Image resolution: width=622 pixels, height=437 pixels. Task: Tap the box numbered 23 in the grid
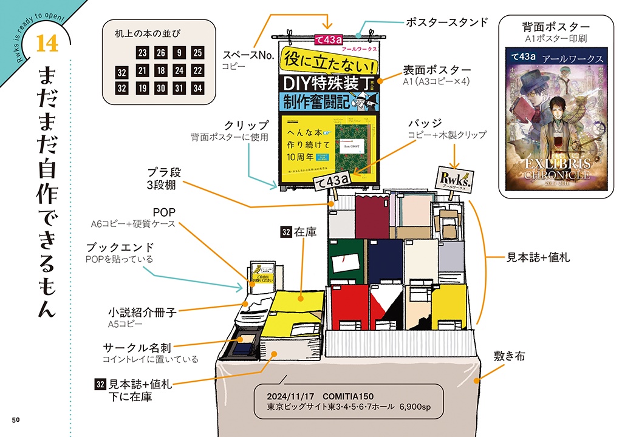pos(143,53)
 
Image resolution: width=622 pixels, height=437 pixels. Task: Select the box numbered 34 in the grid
pos(197,88)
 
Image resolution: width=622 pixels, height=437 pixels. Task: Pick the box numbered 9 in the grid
pos(179,53)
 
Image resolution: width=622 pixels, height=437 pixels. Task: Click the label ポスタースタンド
pos(446,22)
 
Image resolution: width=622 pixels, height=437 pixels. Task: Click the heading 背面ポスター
pos(556,27)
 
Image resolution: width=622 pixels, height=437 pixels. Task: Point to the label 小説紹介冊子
pos(142,313)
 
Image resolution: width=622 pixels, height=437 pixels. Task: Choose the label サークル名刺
pos(137,348)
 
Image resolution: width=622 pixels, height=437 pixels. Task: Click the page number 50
pos(16,420)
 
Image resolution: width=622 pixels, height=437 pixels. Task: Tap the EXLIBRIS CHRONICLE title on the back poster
pos(555,169)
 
